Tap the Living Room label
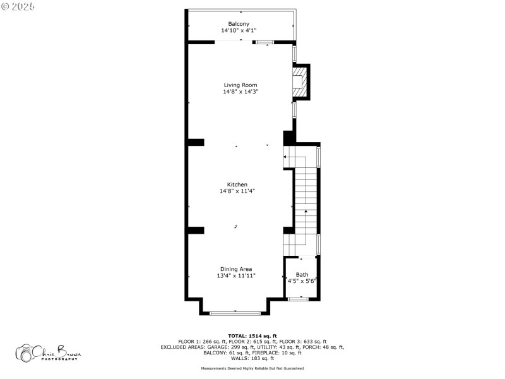point(241,85)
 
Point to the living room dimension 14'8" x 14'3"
point(241,92)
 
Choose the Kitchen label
point(237,184)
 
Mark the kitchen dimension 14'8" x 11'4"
point(237,191)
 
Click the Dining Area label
point(236,268)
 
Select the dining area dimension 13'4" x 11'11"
point(236,275)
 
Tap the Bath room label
point(302,274)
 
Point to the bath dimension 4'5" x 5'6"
point(302,281)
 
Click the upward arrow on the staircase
point(306,212)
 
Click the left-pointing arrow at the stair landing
point(285,157)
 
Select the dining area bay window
point(235,313)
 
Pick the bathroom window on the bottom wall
point(299,299)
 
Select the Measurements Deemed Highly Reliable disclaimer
point(252,368)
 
